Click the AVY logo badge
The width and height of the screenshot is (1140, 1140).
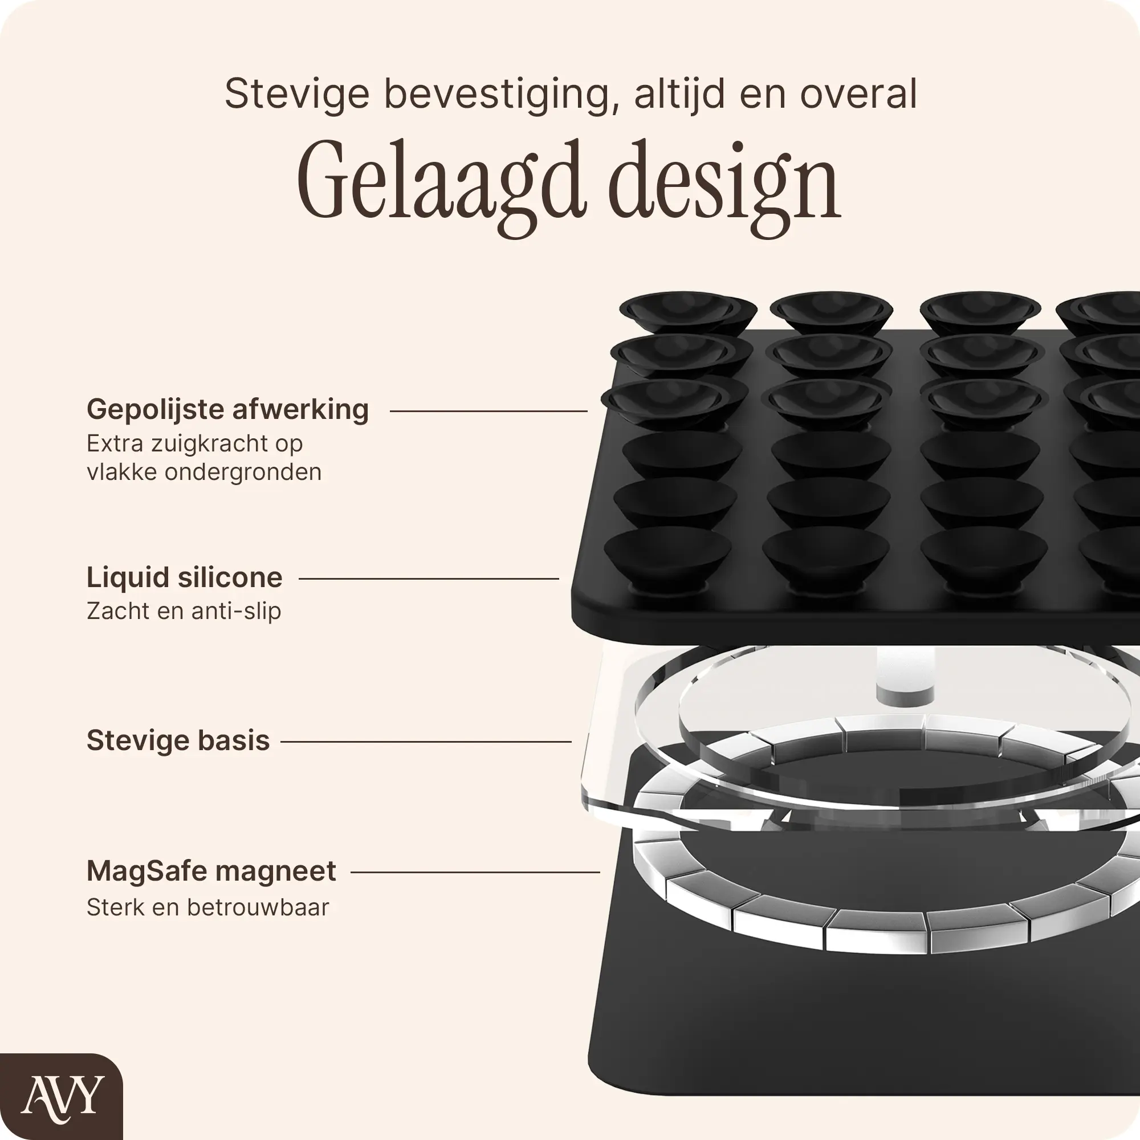(62, 1096)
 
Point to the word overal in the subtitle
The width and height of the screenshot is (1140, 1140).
(858, 94)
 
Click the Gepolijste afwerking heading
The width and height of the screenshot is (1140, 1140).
(228, 409)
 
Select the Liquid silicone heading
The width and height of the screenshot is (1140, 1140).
(185, 577)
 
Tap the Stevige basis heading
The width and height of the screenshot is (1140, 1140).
(178, 740)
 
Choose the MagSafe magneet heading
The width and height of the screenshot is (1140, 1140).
(211, 871)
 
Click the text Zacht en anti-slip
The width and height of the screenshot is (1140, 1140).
(184, 611)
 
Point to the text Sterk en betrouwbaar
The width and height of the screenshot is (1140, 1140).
(207, 907)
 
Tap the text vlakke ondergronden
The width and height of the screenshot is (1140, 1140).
(204, 472)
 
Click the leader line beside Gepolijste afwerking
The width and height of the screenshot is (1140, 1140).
(488, 412)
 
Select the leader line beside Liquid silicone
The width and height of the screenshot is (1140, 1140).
(429, 579)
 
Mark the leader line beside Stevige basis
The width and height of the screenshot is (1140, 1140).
(426, 742)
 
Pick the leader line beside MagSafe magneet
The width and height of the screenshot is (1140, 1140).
(475, 872)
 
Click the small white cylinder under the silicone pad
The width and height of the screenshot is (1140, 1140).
(905, 675)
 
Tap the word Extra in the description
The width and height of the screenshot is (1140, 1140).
(116, 443)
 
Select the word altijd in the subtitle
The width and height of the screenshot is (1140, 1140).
(680, 95)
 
